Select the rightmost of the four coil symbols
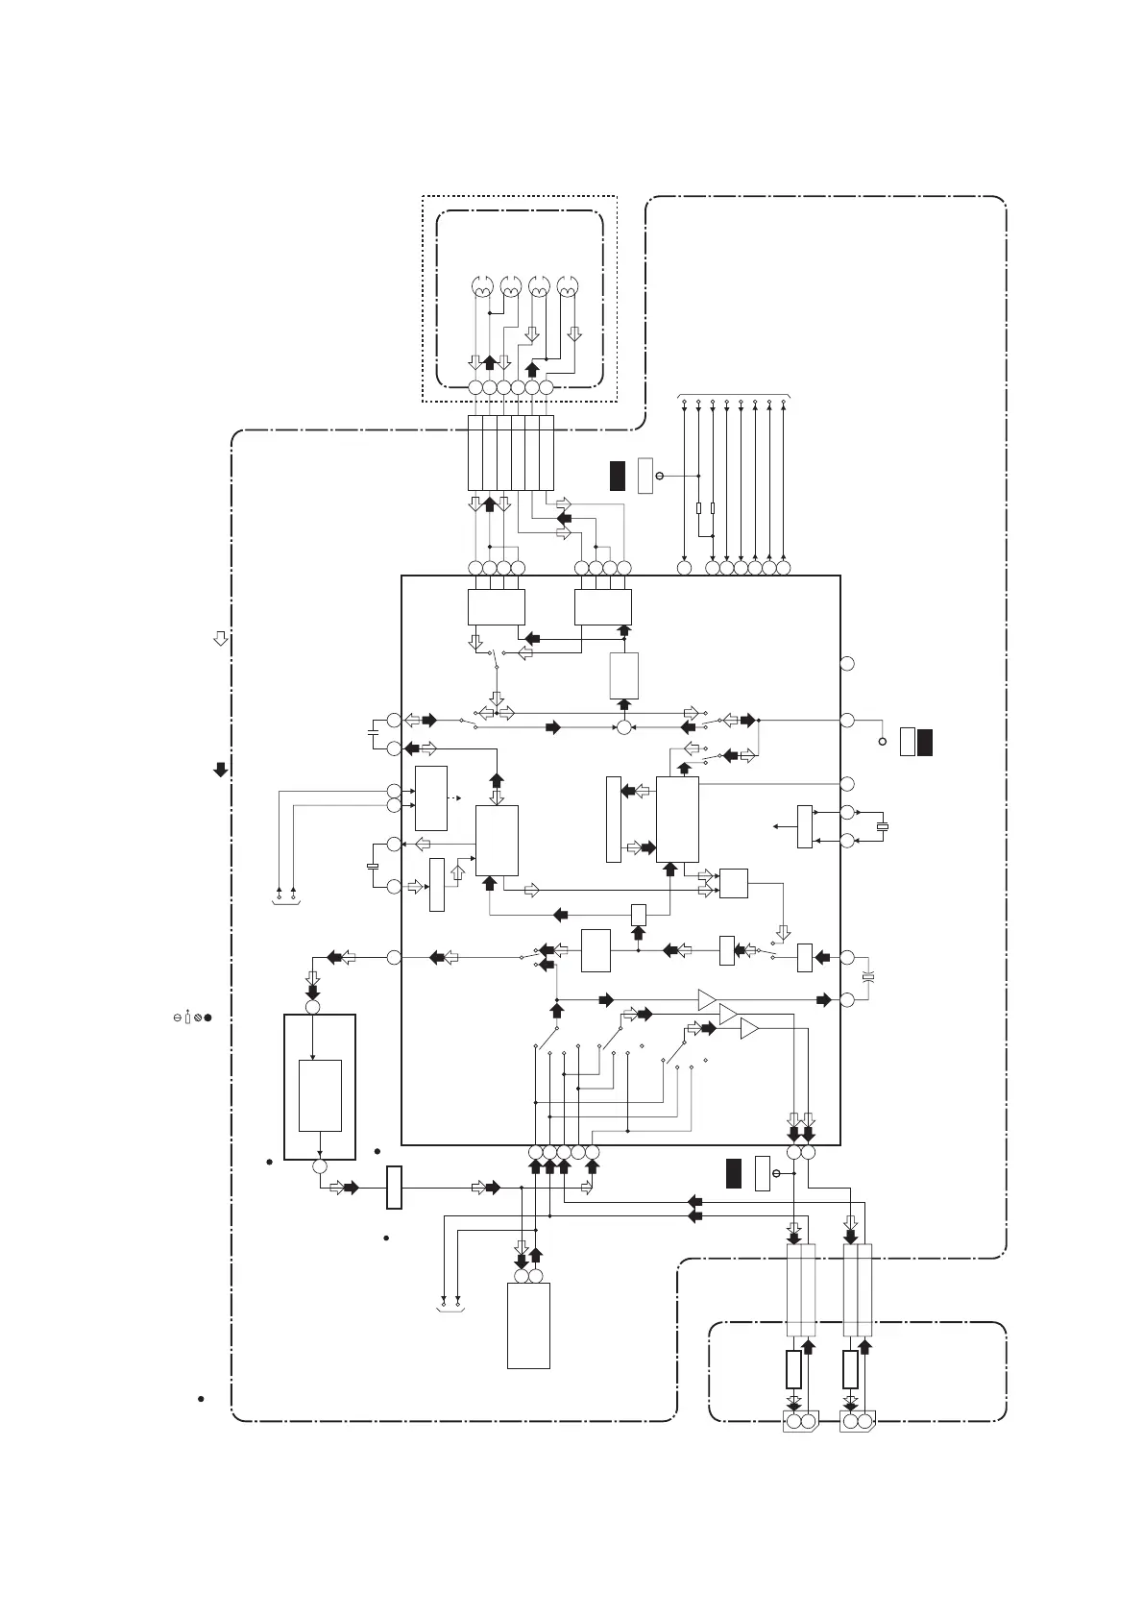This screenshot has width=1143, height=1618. click(x=568, y=287)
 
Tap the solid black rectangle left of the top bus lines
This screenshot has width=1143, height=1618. click(x=618, y=476)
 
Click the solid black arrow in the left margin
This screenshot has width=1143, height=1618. click(x=220, y=769)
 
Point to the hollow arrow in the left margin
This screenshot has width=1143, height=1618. click(x=220, y=638)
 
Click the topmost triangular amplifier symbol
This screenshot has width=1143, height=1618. click(x=707, y=999)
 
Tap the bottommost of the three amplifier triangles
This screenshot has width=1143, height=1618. click(x=749, y=1029)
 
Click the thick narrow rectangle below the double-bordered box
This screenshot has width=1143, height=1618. click(x=394, y=1188)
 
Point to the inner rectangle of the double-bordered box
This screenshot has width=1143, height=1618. click(x=320, y=1095)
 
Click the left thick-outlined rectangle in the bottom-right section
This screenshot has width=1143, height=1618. click(x=793, y=1369)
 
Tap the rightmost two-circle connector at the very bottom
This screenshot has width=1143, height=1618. click(x=857, y=1421)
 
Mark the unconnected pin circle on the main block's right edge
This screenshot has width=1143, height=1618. click(x=847, y=663)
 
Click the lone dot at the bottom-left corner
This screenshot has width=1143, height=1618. click(x=201, y=1398)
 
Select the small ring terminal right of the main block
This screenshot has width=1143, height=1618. click(x=883, y=742)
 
